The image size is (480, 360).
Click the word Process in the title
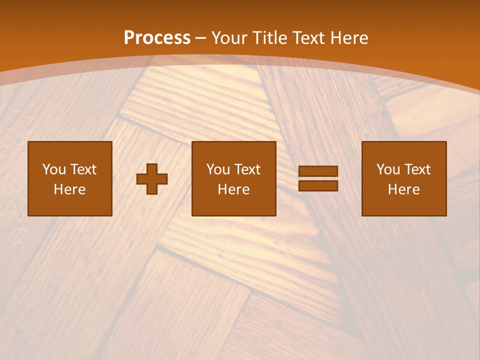pos(157,38)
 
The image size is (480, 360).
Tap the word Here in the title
pos(348,38)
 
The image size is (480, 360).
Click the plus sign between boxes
pos(152,179)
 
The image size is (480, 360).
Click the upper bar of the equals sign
pos(318,171)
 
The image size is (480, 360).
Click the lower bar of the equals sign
pos(318,185)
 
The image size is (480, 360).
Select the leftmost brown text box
pos(70,179)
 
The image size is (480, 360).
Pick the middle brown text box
pos(234,179)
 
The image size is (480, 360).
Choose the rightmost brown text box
pos(404,179)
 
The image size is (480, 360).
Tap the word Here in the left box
pos(70,189)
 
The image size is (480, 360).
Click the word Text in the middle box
pos(247,169)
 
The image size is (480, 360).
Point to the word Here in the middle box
pos(234,189)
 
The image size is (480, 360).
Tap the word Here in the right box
pos(404,189)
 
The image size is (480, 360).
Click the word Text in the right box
pos(417,169)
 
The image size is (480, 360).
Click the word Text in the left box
pos(83,169)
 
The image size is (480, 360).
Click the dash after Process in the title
pos(200,38)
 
